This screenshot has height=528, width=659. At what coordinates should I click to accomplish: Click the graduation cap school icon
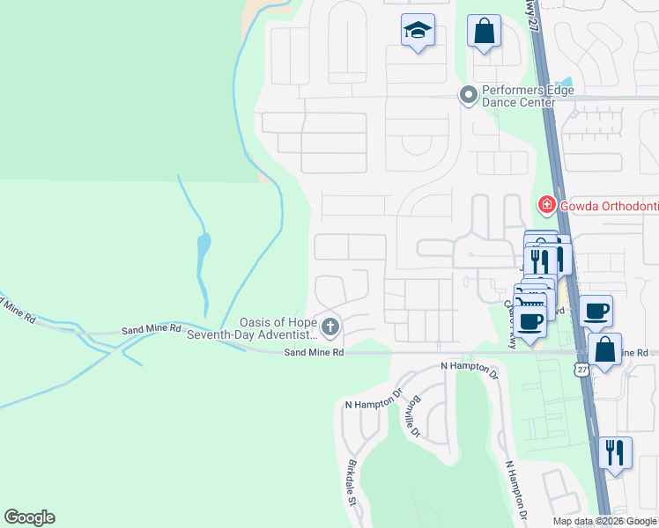pos(417,32)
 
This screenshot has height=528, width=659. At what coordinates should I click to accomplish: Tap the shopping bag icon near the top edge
pos(484,32)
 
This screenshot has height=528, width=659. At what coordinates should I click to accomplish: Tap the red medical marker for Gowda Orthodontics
pos(546,206)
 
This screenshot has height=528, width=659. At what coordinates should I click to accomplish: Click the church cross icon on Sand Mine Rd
pos(330,329)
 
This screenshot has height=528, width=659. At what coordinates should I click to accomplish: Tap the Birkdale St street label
pos(350,483)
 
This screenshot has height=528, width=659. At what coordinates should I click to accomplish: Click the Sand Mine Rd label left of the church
pos(151,327)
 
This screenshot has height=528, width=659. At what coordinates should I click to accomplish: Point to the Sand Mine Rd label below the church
pos(313,352)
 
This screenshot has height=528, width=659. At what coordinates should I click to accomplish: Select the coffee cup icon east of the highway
pos(596,310)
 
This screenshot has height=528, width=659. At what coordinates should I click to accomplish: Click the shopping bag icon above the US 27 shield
pos(605,348)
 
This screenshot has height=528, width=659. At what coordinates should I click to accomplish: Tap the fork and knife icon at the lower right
pos(614,452)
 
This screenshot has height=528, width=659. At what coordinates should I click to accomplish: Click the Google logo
pos(30,517)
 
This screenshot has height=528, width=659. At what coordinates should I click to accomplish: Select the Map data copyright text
pos(604,521)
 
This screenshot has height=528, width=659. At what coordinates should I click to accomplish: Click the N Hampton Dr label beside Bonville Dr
pos(374,404)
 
